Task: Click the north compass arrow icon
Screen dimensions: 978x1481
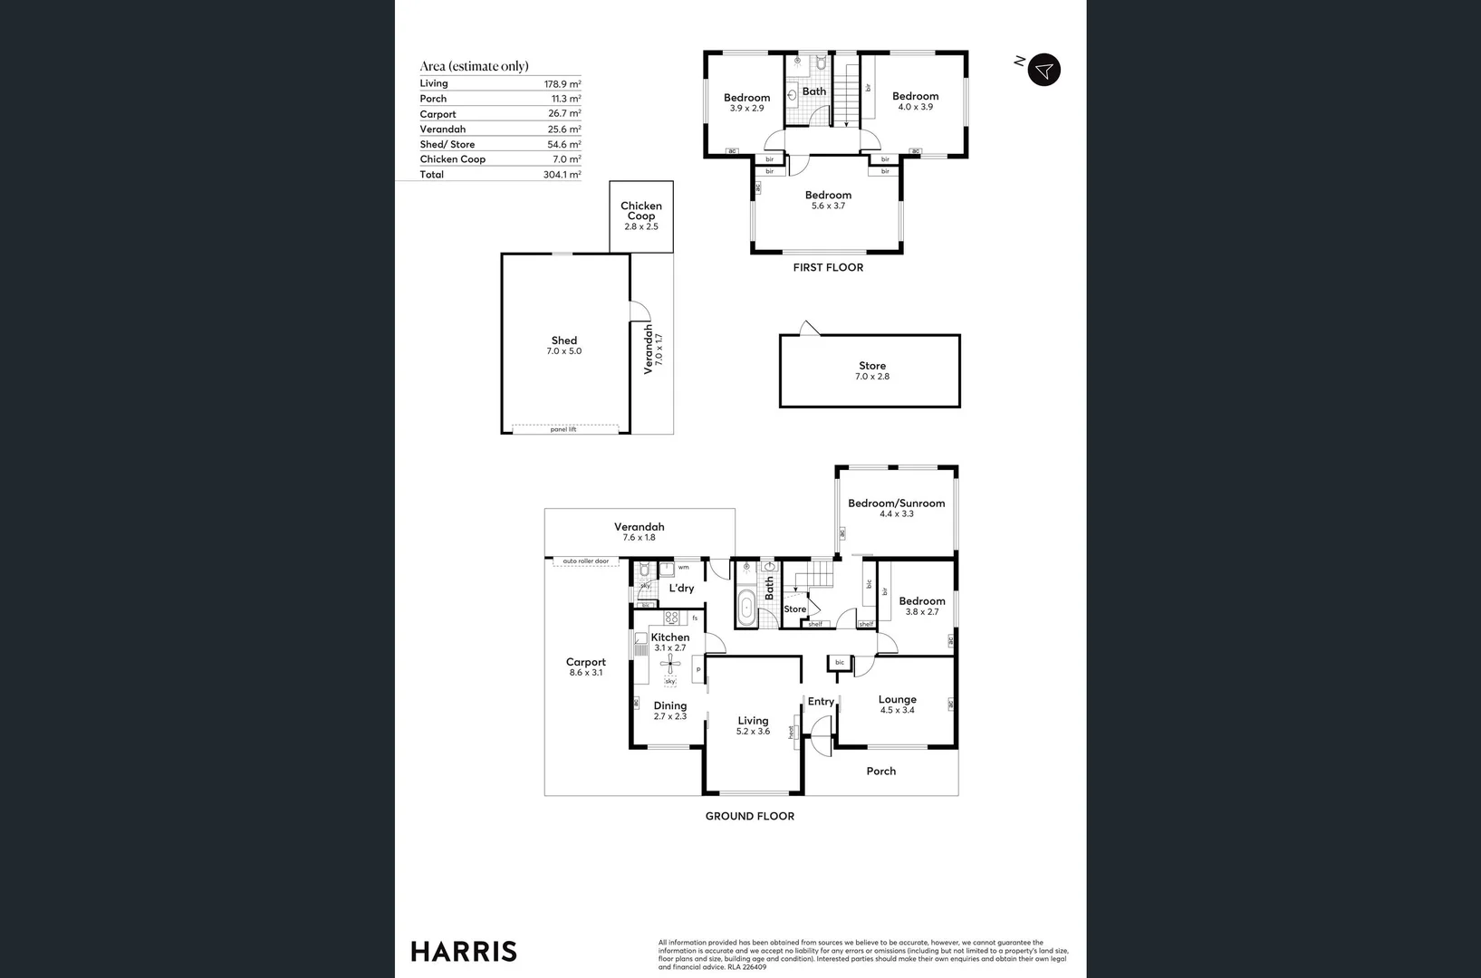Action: (1043, 70)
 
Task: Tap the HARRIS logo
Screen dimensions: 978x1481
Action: (464, 951)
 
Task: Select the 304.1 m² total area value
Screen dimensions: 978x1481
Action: (562, 175)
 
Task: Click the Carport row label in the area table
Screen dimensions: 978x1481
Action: (438, 114)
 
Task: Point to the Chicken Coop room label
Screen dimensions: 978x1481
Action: (640, 212)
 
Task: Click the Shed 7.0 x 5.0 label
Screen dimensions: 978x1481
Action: (563, 346)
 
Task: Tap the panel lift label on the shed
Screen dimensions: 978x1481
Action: (563, 429)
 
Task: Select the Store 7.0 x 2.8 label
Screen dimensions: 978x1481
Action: (871, 370)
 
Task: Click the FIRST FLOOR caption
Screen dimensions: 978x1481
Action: (828, 267)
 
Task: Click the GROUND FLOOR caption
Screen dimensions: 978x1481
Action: (749, 816)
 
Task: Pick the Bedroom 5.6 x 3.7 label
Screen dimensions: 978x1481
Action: (828, 200)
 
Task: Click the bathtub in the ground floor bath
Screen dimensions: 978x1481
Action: (746, 608)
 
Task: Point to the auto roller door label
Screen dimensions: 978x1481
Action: (586, 561)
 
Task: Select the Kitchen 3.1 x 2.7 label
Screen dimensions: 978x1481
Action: (670, 642)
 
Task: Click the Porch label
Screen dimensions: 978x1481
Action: (880, 772)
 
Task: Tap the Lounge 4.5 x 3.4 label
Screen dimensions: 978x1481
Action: (897, 704)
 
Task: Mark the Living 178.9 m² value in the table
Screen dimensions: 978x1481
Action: (562, 83)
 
